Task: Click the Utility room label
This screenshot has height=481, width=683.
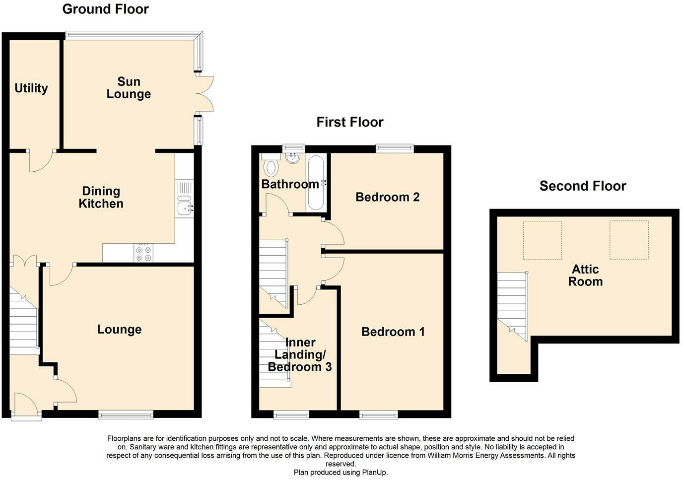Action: click(31, 88)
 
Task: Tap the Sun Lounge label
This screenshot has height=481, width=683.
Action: click(129, 87)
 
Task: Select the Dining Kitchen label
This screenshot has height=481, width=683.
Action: click(101, 198)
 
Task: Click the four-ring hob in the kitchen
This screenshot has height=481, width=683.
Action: click(143, 253)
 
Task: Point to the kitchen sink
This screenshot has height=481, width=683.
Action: click(185, 205)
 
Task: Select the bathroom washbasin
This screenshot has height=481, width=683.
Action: click(293, 158)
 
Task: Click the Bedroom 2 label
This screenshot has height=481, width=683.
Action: click(388, 197)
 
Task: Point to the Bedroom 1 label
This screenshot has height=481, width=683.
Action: click(393, 332)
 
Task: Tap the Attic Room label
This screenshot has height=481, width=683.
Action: click(585, 275)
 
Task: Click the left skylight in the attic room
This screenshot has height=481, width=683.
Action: click(543, 240)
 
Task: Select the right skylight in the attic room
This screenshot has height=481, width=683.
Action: click(629, 240)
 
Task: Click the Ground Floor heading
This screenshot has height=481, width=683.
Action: click(106, 9)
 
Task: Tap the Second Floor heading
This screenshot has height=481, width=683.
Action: click(583, 186)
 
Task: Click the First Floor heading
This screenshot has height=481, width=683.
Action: click(350, 122)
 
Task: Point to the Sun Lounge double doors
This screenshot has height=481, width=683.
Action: click(205, 94)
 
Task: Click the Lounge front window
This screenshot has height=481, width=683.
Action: click(126, 414)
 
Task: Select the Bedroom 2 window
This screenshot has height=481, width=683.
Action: click(395, 148)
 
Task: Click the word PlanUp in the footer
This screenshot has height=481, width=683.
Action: click(375, 473)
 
